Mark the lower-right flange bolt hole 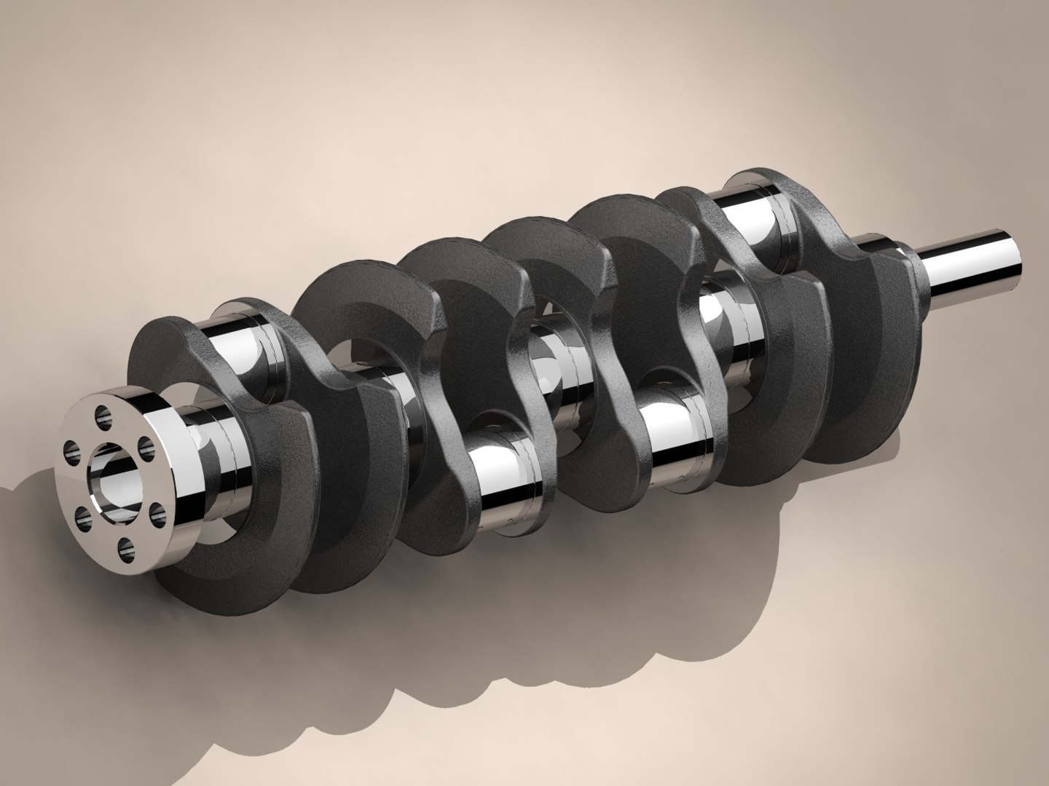[157, 514]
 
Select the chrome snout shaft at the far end [976, 262]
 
